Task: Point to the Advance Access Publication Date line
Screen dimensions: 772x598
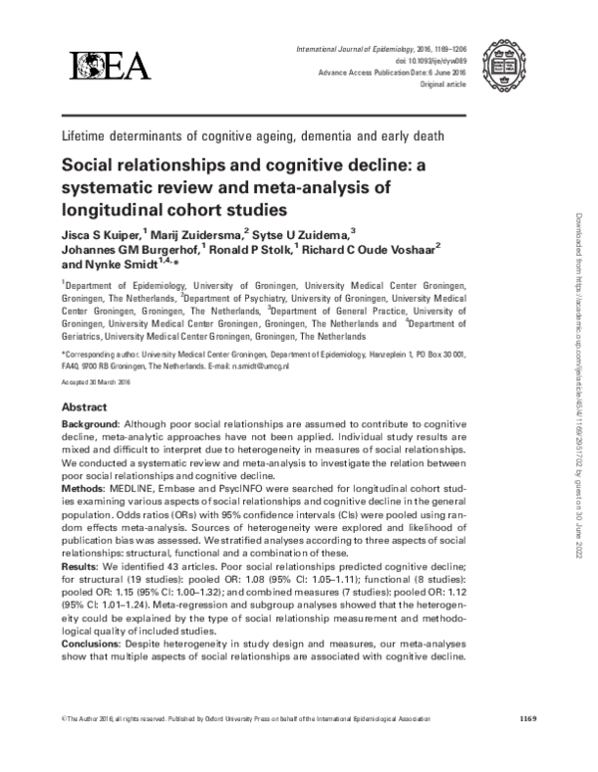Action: point(390,61)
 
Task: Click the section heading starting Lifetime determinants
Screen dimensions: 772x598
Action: point(252,135)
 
